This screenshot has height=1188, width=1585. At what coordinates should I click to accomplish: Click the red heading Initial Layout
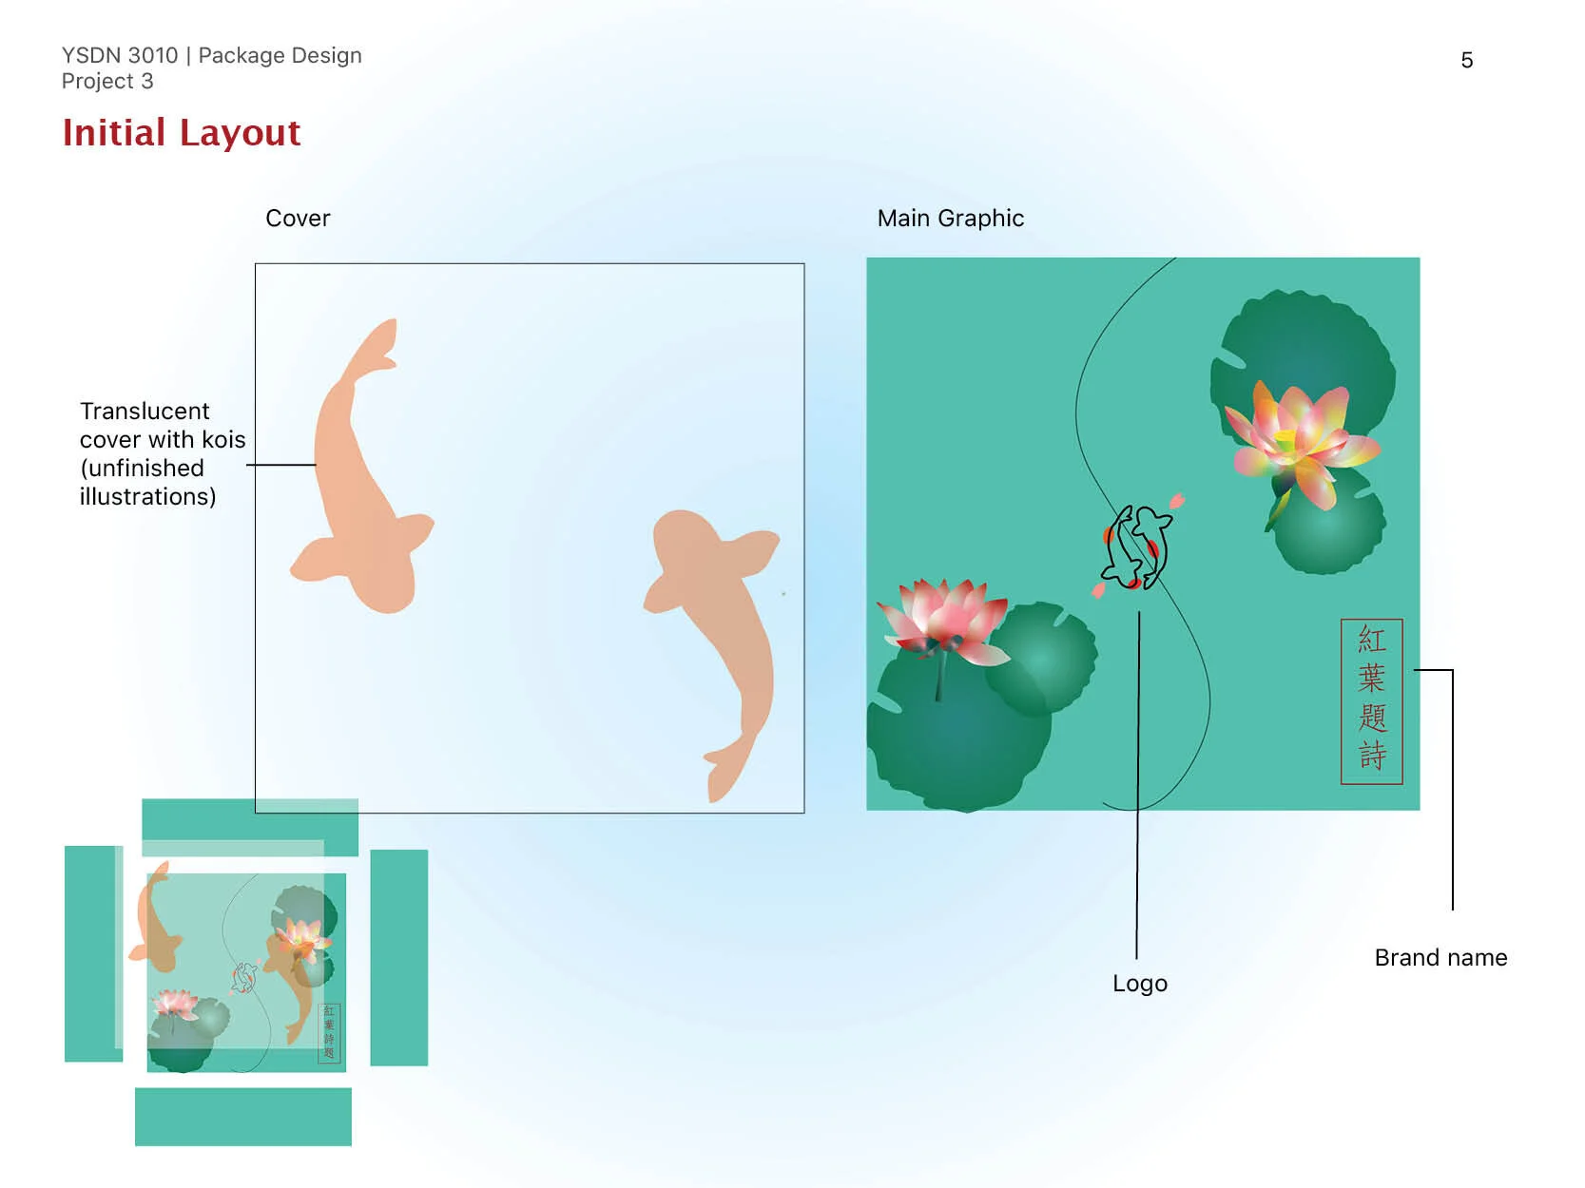[181, 133]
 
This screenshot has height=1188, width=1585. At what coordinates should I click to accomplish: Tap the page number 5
[1466, 61]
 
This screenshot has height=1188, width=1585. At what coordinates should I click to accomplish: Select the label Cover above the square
[298, 219]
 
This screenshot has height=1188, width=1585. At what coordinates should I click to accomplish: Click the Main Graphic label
[950, 219]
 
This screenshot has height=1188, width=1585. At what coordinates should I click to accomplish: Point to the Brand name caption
[1440, 958]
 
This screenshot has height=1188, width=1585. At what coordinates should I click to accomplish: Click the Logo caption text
[1139, 984]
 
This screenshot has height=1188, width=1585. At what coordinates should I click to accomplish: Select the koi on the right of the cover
[723, 618]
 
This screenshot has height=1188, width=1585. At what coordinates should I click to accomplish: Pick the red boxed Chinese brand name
[1371, 701]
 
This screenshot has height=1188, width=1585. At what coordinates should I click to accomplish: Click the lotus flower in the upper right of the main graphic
[1298, 442]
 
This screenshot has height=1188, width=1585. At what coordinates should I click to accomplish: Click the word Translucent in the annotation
[145, 412]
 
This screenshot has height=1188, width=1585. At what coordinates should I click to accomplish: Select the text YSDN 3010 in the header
[120, 56]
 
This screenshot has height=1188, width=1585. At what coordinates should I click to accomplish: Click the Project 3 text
[107, 82]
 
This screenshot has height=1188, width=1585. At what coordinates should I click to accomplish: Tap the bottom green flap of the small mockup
[242, 1117]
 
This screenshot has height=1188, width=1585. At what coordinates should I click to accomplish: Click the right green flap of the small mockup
[398, 957]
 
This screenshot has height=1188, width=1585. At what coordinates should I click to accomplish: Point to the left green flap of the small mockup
[91, 953]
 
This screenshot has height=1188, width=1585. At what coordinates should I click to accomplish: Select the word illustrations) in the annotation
[147, 497]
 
